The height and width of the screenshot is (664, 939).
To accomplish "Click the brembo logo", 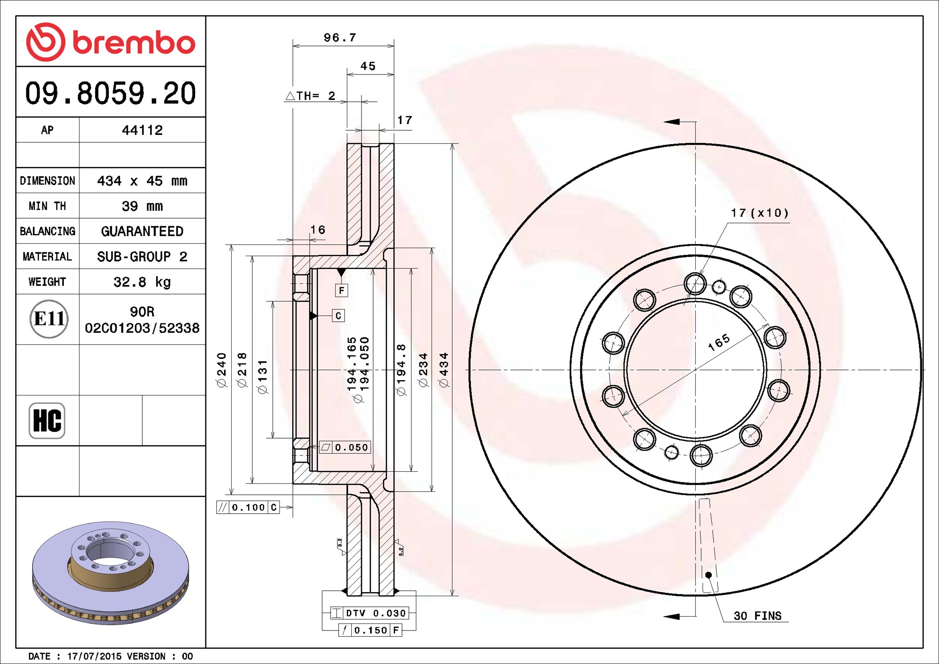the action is pyautogui.click(x=111, y=42).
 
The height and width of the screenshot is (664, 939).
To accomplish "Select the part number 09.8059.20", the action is pyautogui.click(x=111, y=93).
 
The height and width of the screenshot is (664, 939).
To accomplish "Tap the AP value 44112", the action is pyautogui.click(x=142, y=130).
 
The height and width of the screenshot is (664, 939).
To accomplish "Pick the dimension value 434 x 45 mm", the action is pyautogui.click(x=142, y=181).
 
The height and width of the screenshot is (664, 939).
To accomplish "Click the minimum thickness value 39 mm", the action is pyautogui.click(x=142, y=206).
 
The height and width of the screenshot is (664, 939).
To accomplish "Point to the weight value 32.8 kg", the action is pyautogui.click(x=142, y=282).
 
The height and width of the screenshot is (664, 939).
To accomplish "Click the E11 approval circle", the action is pyautogui.click(x=49, y=319).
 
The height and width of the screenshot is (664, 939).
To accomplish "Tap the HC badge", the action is pyautogui.click(x=47, y=420).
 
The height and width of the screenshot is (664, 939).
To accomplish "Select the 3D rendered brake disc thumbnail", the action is pyautogui.click(x=111, y=573).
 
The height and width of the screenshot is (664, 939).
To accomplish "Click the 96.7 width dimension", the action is pyautogui.click(x=340, y=38).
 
